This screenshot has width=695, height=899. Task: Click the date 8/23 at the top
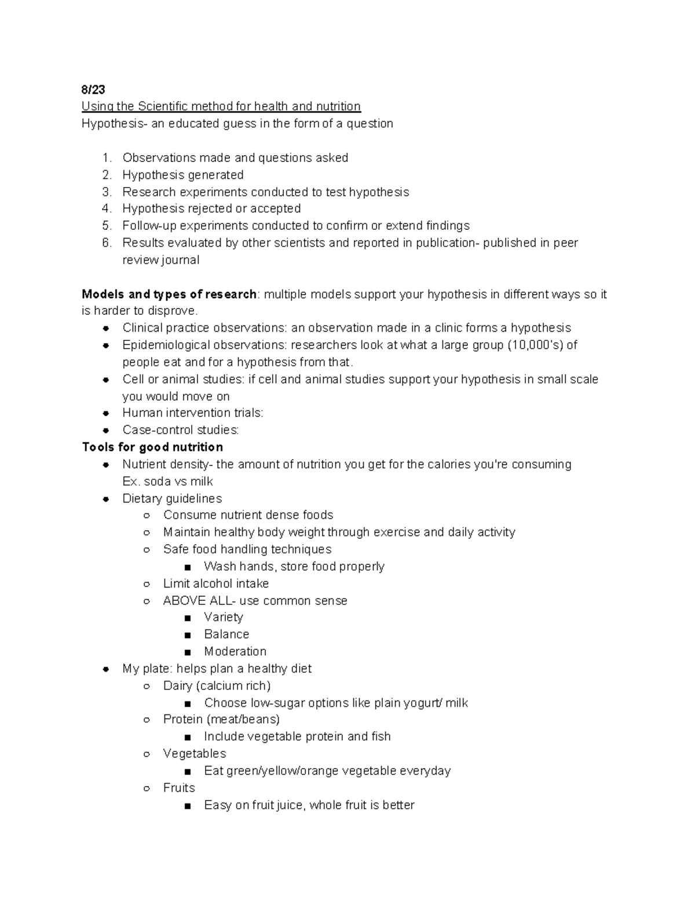[x=93, y=90]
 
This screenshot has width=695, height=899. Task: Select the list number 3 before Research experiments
[x=106, y=192]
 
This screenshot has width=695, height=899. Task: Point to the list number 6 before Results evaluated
[x=106, y=243]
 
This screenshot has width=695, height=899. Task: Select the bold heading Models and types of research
[x=169, y=294]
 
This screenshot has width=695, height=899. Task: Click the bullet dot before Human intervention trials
[x=106, y=413]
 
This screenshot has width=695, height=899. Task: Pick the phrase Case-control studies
[x=180, y=430]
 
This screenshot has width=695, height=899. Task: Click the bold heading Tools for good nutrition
[x=152, y=447]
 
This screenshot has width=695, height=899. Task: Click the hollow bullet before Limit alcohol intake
[x=147, y=584]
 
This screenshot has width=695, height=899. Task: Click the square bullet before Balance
[x=187, y=635]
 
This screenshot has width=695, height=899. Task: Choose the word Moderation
[x=235, y=652]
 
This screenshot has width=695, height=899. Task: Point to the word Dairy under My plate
[x=178, y=686]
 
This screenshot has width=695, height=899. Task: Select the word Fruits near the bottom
[x=179, y=788]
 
